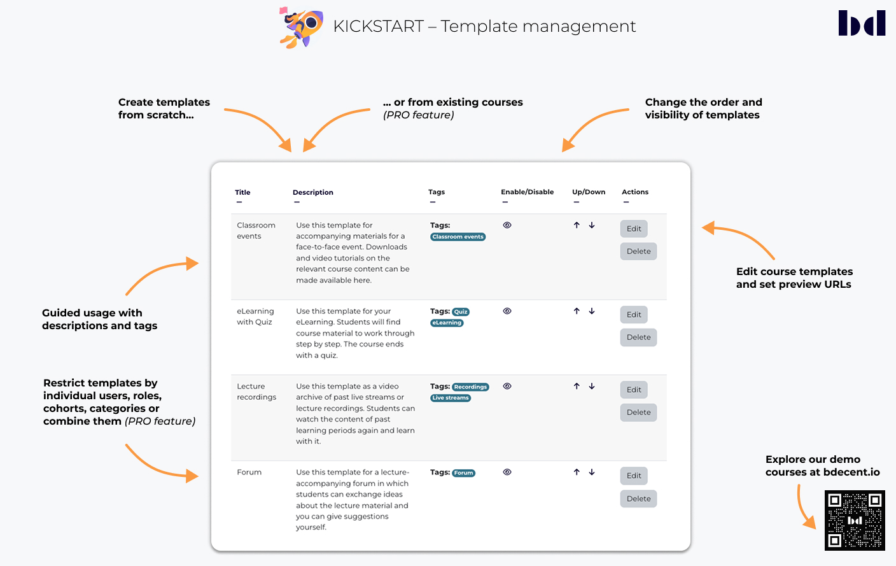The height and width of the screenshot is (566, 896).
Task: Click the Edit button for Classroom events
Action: pyautogui.click(x=634, y=229)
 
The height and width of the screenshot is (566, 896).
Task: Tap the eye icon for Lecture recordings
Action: pyautogui.click(x=507, y=386)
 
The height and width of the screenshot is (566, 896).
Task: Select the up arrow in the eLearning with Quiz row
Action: pyautogui.click(x=577, y=311)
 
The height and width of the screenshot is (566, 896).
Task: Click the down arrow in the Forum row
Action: pyautogui.click(x=592, y=472)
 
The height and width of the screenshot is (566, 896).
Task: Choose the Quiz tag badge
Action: pyautogui.click(x=460, y=311)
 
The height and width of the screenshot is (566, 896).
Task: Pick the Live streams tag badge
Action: pyautogui.click(x=451, y=398)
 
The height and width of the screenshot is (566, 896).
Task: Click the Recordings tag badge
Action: pyautogui.click(x=470, y=386)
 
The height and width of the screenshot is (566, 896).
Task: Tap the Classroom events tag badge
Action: pyautogui.click(x=458, y=237)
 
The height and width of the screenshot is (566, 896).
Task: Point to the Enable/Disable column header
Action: pyautogui.click(x=527, y=192)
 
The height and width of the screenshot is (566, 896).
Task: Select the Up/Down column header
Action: pyautogui.click(x=589, y=192)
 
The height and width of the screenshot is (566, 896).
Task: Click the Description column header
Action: pyautogui.click(x=313, y=192)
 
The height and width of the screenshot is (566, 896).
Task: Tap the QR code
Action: pyautogui.click(x=855, y=520)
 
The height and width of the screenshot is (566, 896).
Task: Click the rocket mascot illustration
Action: pyautogui.click(x=301, y=27)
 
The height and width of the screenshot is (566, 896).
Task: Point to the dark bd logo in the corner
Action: pyautogui.click(x=862, y=23)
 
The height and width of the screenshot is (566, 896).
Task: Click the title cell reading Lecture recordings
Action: pyautogui.click(x=256, y=392)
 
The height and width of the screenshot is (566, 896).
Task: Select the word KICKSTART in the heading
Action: pyautogui.click(x=378, y=26)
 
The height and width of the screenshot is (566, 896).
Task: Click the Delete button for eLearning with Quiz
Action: pyautogui.click(x=638, y=337)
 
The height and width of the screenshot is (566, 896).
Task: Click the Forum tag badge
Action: pyautogui.click(x=463, y=473)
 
